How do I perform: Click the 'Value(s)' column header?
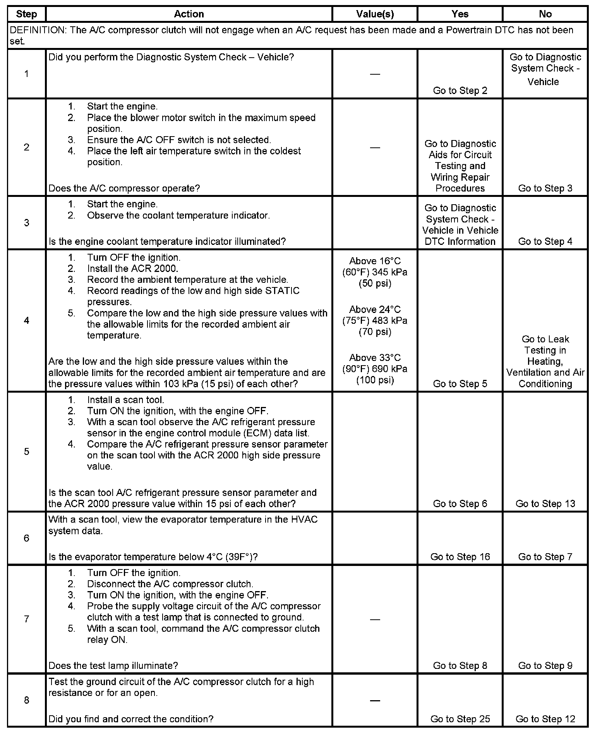375,14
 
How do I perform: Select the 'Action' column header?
189,14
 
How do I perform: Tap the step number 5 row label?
26,451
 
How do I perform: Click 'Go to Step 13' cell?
545,503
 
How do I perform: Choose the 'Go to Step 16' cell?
460,557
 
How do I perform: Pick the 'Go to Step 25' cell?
460,719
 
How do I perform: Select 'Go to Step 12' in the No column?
545,719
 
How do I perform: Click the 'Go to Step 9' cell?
545,665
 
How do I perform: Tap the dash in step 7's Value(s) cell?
375,619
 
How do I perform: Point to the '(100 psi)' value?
375,380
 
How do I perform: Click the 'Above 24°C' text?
375,309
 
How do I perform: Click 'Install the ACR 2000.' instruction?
132,268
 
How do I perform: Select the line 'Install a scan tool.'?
125,400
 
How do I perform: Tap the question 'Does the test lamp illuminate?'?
113,665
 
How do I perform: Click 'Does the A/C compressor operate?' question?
124,188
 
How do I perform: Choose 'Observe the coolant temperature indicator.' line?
178,215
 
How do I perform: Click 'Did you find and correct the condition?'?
131,719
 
